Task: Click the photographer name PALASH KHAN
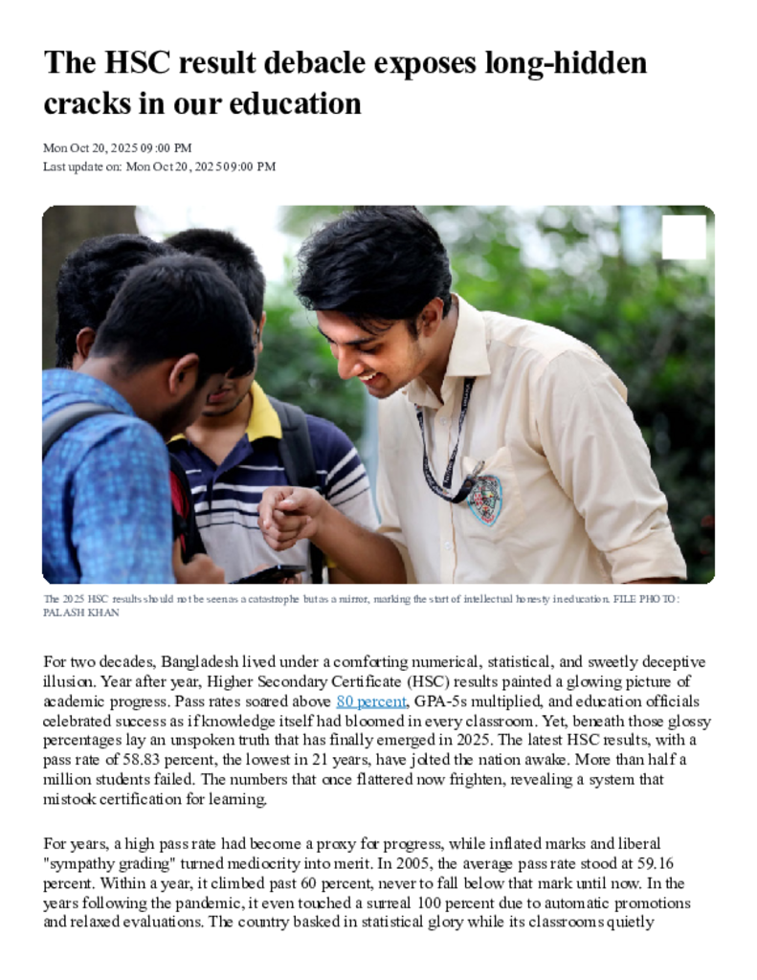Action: coord(81,612)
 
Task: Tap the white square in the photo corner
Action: coord(683,236)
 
